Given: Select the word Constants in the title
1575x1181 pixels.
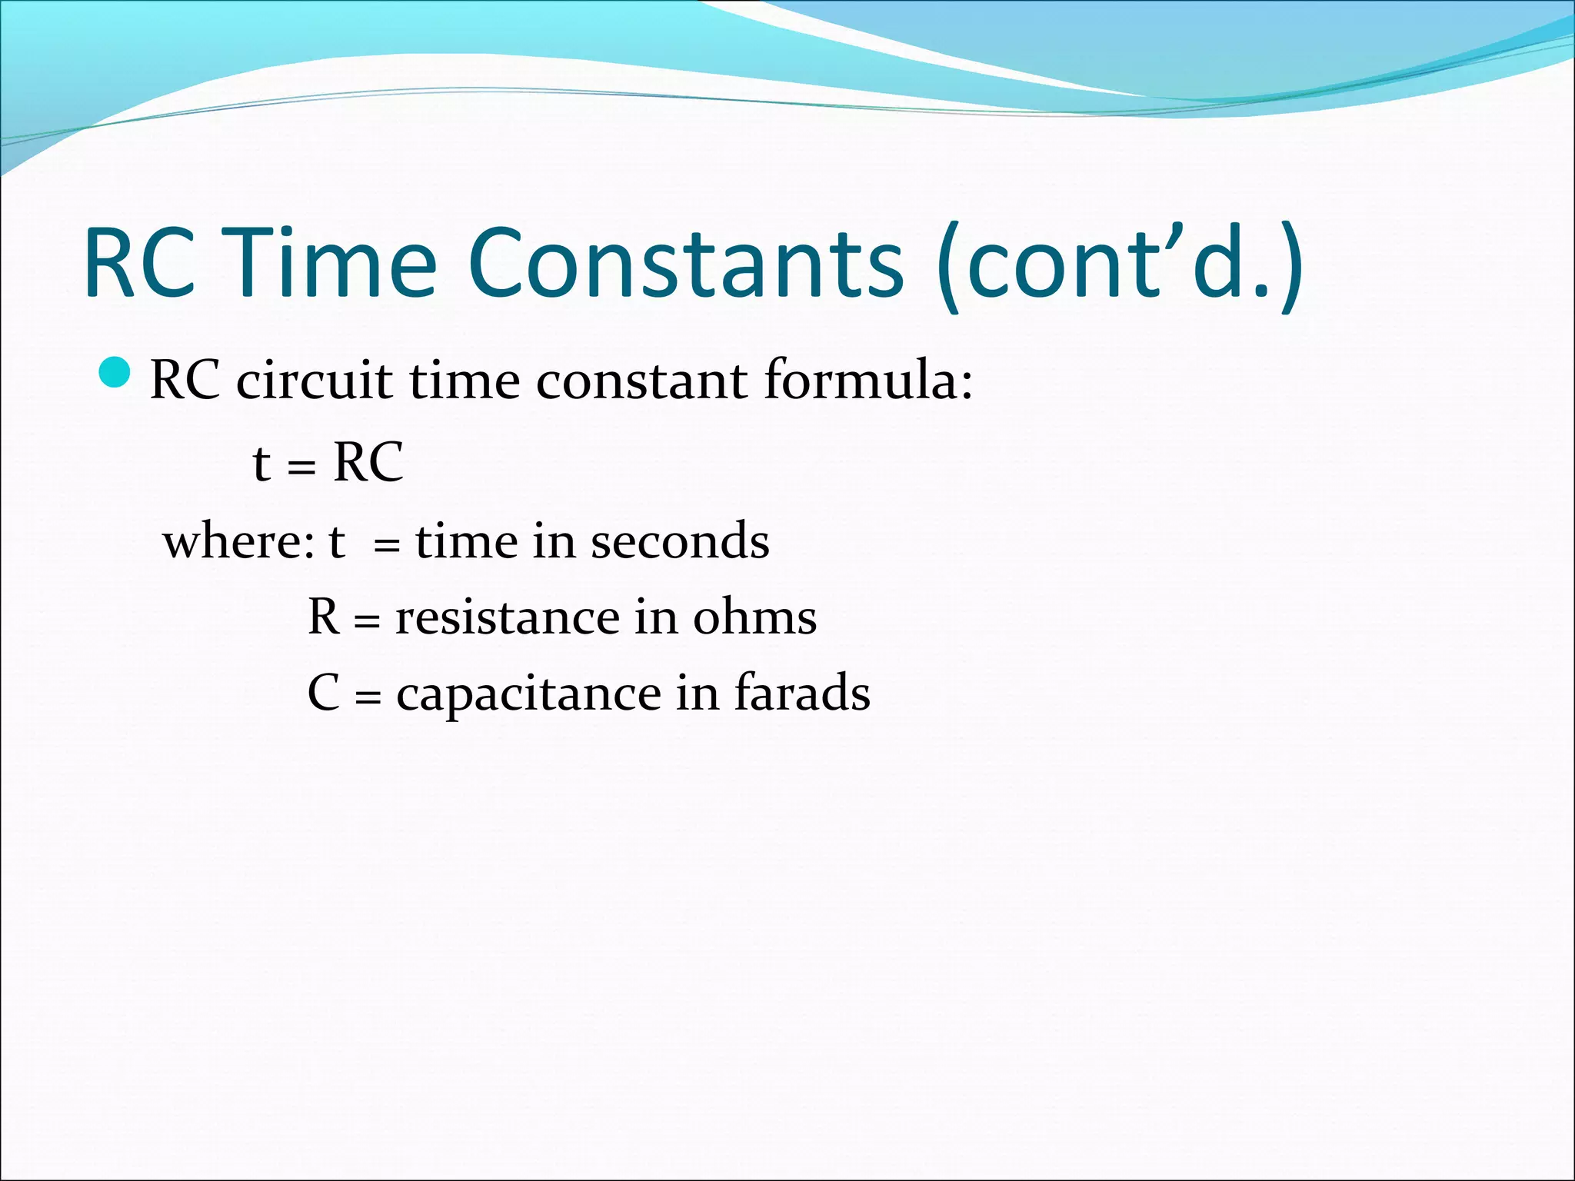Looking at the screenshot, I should click(684, 261).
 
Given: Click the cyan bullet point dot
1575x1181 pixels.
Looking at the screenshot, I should click(116, 372).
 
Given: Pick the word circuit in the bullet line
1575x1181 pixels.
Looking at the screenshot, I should click(315, 380).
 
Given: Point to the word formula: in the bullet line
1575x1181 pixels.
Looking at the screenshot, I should click(868, 380).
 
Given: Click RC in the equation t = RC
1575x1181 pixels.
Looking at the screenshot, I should click(368, 463).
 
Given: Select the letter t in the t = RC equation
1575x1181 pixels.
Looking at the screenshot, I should click(261, 464).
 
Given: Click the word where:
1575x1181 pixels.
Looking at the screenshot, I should click(239, 541).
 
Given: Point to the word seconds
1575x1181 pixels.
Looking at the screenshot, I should click(680, 541).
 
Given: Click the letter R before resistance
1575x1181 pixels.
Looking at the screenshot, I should click(324, 617).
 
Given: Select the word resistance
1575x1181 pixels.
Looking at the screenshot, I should click(508, 617).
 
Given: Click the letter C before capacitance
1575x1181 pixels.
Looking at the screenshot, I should click(324, 693).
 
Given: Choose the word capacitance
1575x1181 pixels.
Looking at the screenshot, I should click(528, 694).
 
